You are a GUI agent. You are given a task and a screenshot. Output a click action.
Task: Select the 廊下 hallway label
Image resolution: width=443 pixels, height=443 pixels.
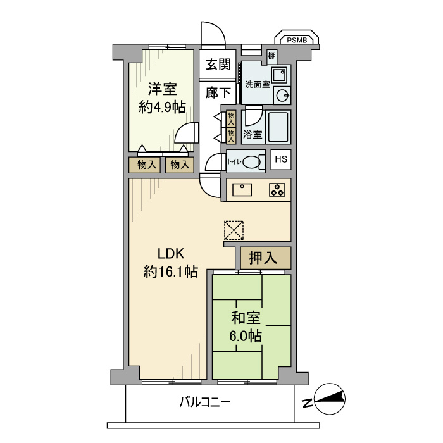click(x=218, y=93)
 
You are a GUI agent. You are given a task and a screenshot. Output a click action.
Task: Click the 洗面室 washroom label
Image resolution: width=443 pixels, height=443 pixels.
click(x=258, y=84)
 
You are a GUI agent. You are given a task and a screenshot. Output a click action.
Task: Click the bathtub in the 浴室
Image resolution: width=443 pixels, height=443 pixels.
click(x=278, y=127)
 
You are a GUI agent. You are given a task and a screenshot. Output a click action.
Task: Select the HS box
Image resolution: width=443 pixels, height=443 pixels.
click(x=281, y=159)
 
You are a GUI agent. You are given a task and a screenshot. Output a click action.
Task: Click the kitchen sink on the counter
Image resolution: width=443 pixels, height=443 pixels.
click(x=242, y=189)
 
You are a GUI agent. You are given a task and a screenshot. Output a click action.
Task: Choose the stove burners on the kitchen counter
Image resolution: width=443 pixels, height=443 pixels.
click(x=277, y=189)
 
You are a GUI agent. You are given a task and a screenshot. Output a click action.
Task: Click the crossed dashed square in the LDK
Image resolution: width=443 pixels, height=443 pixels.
click(x=234, y=230)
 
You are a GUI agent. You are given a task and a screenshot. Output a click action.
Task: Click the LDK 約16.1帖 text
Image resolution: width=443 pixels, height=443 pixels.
click(x=170, y=263)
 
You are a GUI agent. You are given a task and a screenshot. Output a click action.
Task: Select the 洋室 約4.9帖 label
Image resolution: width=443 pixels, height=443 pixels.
click(x=163, y=97)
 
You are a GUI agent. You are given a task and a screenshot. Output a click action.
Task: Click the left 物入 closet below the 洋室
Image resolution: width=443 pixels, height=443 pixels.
click(x=144, y=165)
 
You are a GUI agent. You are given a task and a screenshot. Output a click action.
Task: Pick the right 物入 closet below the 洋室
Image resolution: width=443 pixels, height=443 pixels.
click(x=179, y=165)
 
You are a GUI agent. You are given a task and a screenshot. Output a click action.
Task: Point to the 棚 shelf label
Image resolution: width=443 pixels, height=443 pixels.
click(x=271, y=56)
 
